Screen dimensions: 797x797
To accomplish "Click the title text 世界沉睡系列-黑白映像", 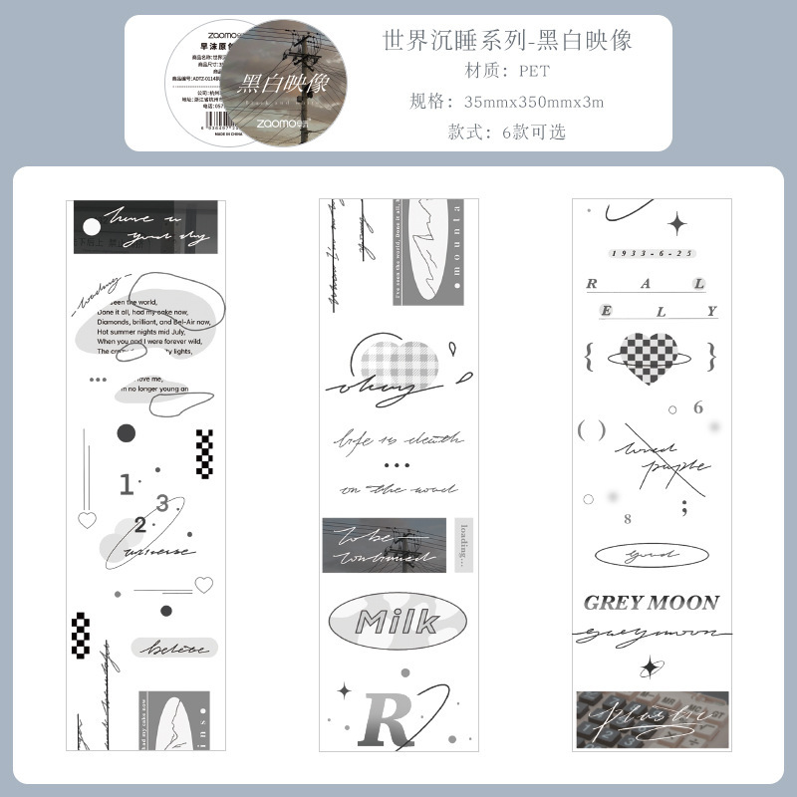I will pyautogui.click(x=507, y=40).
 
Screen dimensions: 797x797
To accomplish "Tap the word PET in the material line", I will pyautogui.click(x=533, y=71).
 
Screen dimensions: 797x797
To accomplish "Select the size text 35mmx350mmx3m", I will pyautogui.click(x=534, y=102).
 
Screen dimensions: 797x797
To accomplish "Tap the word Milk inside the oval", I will pyautogui.click(x=397, y=622).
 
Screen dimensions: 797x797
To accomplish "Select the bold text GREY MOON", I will pyautogui.click(x=651, y=602).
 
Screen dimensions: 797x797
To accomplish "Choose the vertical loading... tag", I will pyautogui.click(x=460, y=544).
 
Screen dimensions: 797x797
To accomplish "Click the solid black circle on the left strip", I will pyautogui.click(x=127, y=432).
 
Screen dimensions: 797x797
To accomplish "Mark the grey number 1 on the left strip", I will pyautogui.click(x=127, y=485).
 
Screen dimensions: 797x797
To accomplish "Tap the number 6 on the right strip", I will pyautogui.click(x=697, y=407).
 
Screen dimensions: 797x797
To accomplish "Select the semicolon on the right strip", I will pyautogui.click(x=683, y=508).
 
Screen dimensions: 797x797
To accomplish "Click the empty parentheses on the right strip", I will pyautogui.click(x=592, y=430).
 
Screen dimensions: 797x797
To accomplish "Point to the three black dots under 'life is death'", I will pyautogui.click(x=397, y=464).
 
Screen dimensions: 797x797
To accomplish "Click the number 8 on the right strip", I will pyautogui.click(x=628, y=519).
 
